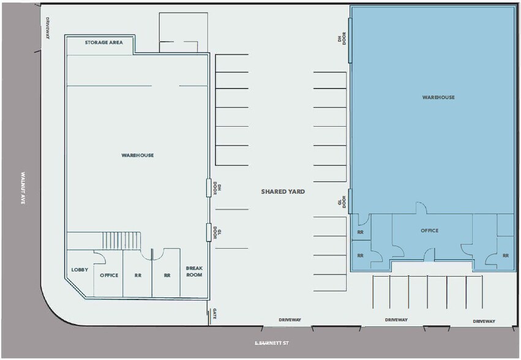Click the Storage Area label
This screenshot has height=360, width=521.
(104, 43)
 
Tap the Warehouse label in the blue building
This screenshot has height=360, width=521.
(438, 97)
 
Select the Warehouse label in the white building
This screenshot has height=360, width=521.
(138, 156)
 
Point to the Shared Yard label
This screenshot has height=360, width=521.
(283, 192)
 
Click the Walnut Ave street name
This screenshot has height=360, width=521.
(23, 188)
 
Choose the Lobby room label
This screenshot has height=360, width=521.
(80, 269)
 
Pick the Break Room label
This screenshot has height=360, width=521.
(194, 271)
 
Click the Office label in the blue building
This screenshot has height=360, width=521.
(430, 231)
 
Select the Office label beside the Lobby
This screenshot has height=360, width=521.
(109, 275)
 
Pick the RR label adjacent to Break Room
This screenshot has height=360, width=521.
(167, 276)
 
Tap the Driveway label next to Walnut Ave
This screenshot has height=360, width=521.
(47, 28)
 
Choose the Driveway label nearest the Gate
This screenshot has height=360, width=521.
(290, 320)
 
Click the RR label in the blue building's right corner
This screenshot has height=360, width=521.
(505, 255)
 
